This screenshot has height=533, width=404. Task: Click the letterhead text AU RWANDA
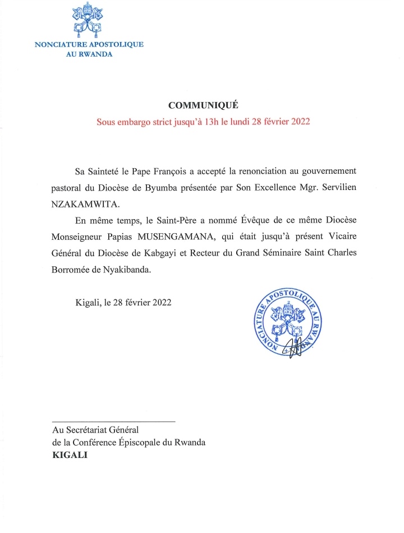pyautogui.click(x=90, y=54)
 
